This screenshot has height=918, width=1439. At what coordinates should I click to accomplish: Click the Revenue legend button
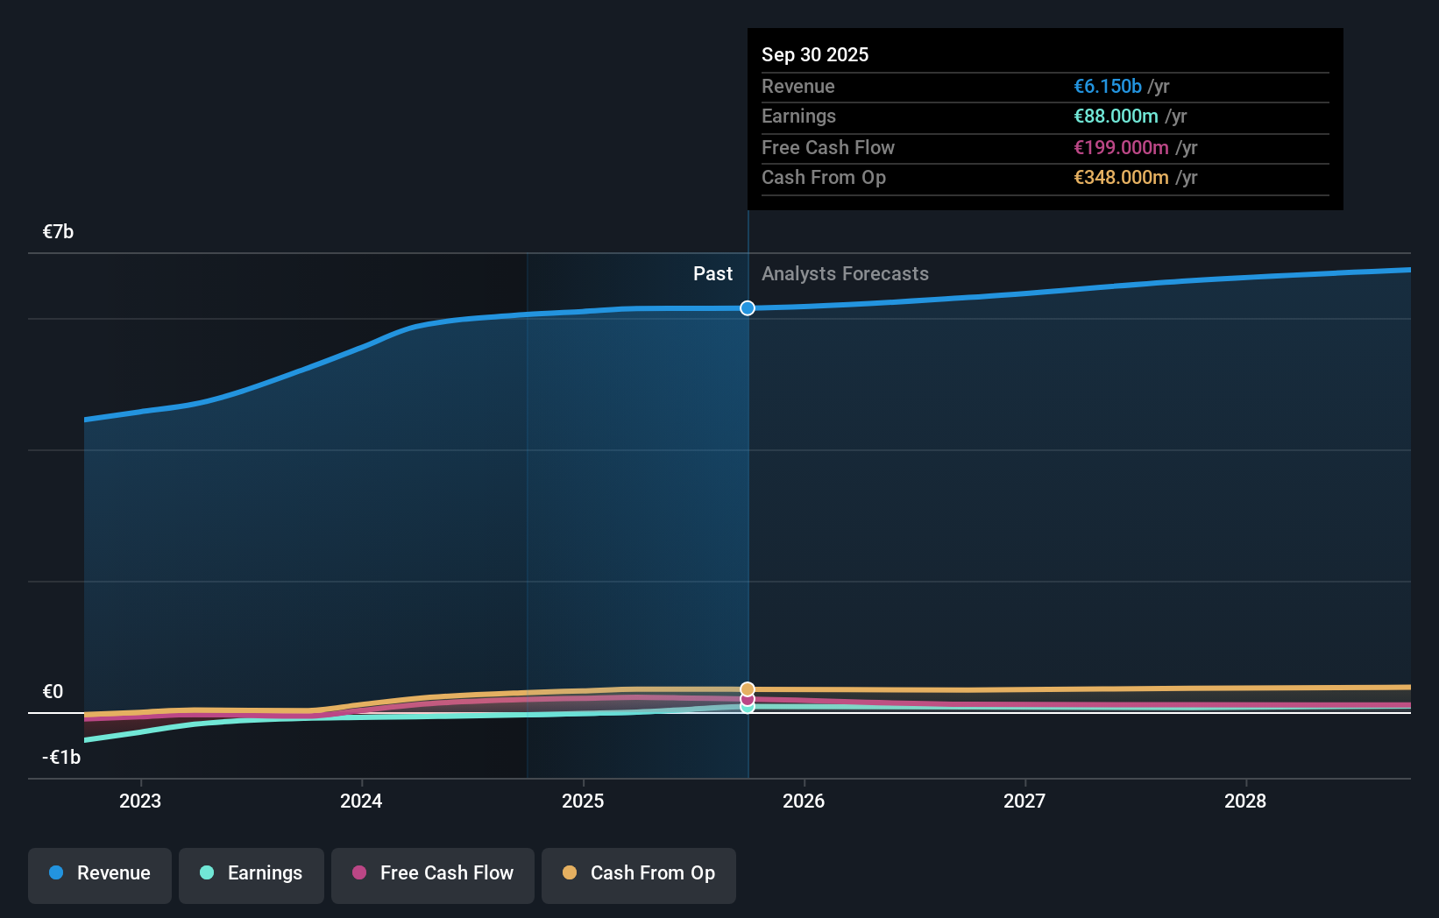(100, 873)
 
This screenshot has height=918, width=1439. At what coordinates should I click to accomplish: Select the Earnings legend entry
(252, 873)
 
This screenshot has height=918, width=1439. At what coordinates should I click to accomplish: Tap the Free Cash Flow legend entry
(433, 873)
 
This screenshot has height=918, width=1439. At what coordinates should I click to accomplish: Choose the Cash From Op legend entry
(639, 873)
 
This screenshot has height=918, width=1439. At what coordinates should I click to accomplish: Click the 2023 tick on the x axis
(140, 801)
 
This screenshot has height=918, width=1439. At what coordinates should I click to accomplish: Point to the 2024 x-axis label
(361, 801)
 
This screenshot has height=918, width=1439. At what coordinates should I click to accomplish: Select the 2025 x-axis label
(583, 801)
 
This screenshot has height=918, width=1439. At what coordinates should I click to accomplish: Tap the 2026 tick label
(804, 801)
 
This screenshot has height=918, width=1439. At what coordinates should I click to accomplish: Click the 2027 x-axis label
(1024, 801)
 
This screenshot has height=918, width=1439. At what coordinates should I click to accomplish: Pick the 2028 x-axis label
(1245, 801)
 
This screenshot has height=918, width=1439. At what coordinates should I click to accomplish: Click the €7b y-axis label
(58, 232)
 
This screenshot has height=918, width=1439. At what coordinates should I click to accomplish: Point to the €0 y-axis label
(53, 692)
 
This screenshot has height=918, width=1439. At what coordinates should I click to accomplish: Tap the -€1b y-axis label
(61, 758)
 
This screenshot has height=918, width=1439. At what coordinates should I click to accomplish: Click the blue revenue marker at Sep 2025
(748, 308)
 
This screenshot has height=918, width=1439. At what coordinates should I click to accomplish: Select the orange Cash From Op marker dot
(748, 689)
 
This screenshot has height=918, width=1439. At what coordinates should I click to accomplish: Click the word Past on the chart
(712, 274)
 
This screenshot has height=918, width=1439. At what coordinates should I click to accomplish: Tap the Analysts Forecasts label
(845, 274)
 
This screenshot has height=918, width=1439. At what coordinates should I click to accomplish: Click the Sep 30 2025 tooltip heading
(815, 54)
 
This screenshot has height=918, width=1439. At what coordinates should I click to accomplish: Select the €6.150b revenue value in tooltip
(1108, 87)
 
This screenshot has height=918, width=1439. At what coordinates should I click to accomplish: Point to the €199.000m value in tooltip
(1121, 148)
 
